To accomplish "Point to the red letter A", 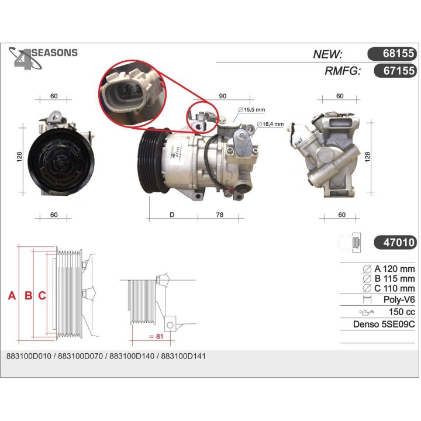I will coord(11,296).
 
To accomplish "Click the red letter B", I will coord(27,296).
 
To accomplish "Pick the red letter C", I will coord(42,296).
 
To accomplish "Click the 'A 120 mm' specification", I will coord(389,268).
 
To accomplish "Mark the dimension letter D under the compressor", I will coord(172,215).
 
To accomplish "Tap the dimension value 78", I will coord(220,215).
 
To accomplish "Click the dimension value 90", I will coord(223,95).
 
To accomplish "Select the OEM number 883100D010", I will coord(27,356).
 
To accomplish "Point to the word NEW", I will coord(328,54).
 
